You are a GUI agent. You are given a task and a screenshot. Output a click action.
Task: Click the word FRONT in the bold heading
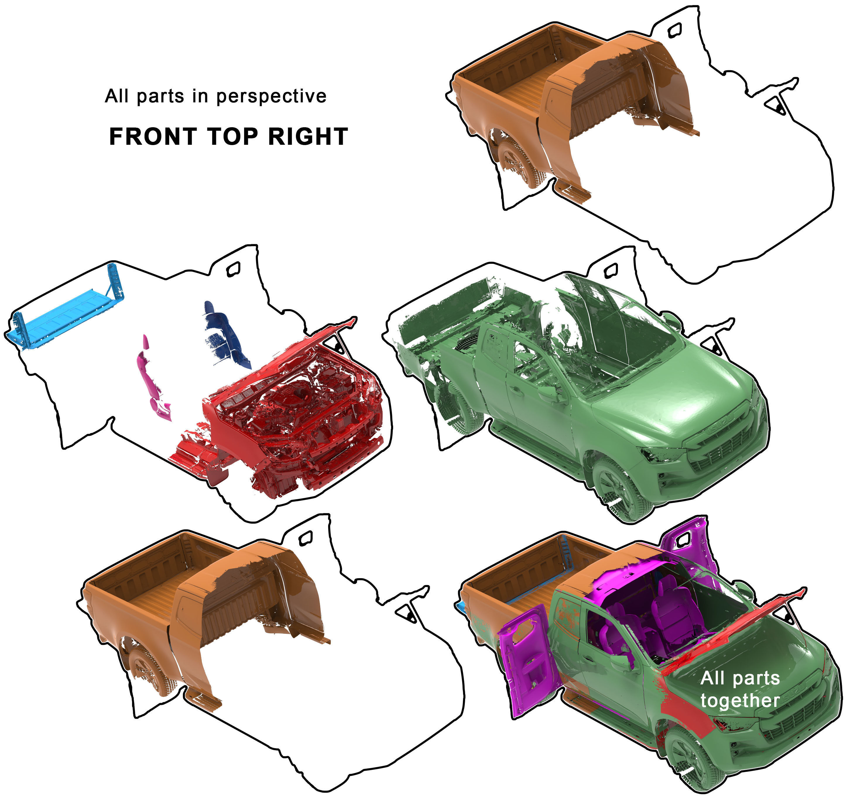(x=153, y=137)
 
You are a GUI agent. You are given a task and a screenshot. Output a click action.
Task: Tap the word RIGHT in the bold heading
(x=308, y=137)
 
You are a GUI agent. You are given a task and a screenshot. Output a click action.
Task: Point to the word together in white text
(x=740, y=700)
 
